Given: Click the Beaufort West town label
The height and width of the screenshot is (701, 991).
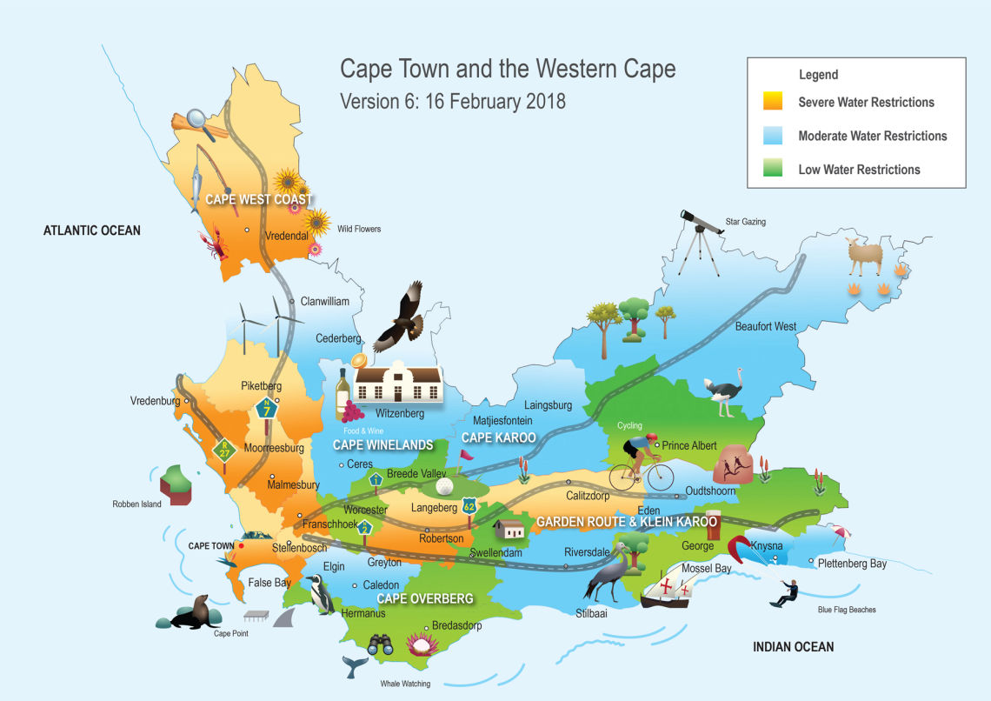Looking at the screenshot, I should coord(765,326).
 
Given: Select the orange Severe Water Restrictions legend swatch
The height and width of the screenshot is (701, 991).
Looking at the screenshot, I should coord(770,102).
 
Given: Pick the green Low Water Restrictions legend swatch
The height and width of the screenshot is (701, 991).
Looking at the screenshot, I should coord(770,169).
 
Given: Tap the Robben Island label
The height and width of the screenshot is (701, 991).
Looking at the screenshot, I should coord(137,504).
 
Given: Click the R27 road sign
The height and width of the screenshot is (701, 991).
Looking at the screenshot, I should coord(224,450).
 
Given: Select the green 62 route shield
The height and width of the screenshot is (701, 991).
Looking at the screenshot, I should coord(469,505).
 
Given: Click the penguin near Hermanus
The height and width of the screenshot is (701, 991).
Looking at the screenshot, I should coord(322,596).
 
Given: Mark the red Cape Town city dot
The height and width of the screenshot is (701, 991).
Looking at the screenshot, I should coord(241,546).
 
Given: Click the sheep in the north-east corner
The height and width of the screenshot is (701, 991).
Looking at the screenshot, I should coord(864,256).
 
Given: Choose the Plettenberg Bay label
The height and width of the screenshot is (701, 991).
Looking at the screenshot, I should coord(852,564).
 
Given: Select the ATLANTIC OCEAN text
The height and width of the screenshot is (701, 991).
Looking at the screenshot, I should coord(92,230).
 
